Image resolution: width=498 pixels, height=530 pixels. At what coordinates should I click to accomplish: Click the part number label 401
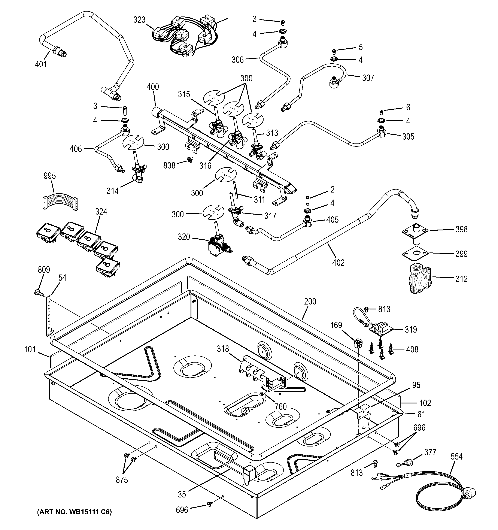pos(41,64)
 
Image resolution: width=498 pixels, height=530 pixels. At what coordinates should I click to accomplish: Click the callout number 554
pos(456,457)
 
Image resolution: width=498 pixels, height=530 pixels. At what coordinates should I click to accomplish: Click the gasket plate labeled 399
pos(415,254)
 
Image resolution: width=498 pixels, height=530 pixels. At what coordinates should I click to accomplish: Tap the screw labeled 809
pos(39,293)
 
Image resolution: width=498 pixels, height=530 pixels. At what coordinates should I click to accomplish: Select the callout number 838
pos(169,166)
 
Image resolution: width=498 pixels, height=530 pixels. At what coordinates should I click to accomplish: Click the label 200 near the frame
pos(310,302)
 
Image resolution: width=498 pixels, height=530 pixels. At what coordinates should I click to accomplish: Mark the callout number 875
pos(122,480)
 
